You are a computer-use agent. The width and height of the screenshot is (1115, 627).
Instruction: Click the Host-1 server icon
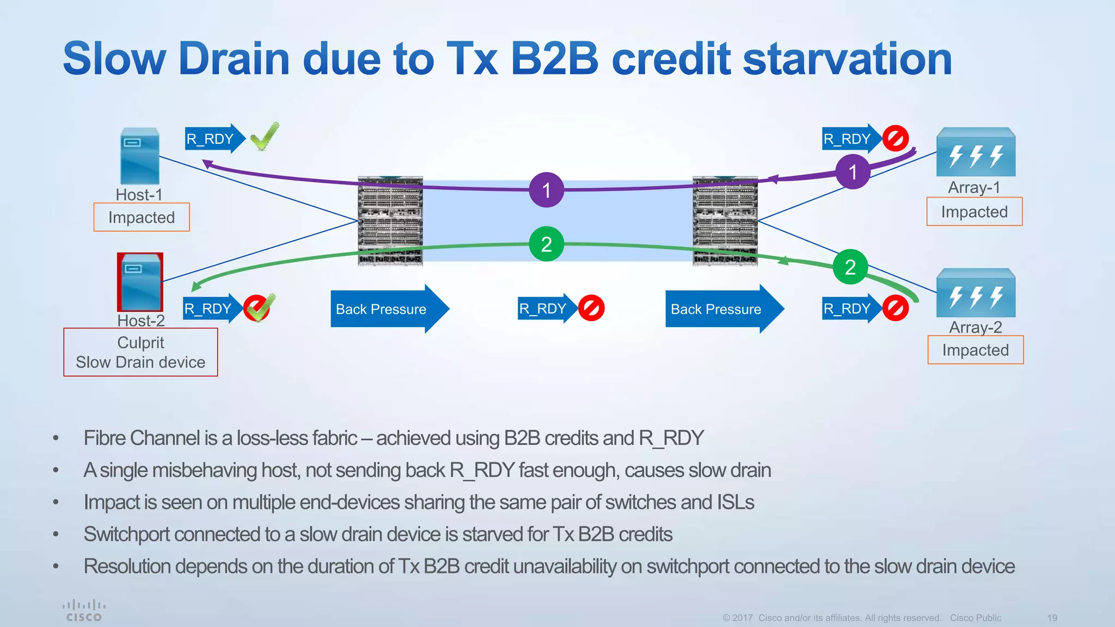[x=140, y=157]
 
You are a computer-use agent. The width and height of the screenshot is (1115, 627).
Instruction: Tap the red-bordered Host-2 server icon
[x=140, y=282]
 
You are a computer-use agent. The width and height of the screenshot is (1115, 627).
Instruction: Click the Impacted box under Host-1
[x=142, y=217]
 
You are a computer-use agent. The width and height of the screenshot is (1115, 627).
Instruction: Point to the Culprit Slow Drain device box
[x=140, y=352]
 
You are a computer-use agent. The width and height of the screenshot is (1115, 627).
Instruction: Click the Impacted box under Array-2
[x=975, y=350]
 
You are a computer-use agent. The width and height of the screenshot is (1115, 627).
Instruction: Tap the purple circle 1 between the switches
[x=546, y=190]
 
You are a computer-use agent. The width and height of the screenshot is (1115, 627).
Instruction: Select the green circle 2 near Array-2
[x=850, y=267]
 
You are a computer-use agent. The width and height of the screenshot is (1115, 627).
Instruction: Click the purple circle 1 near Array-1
[x=853, y=172]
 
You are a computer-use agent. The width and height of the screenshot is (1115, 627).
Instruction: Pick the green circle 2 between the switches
[x=546, y=244]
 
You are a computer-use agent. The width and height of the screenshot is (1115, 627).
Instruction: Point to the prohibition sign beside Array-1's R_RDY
[x=895, y=138]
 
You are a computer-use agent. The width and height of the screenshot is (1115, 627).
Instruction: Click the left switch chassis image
[x=390, y=221]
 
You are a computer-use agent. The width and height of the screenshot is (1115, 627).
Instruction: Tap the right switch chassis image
[x=725, y=221]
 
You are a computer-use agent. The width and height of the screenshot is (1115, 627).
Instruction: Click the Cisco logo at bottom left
[x=84, y=611]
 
